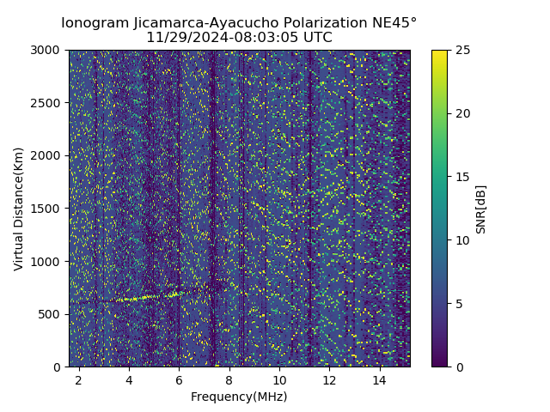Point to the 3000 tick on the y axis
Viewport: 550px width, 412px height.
click(x=48, y=50)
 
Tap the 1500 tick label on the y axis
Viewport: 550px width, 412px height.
click(x=48, y=209)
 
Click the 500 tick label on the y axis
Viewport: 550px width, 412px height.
click(x=52, y=314)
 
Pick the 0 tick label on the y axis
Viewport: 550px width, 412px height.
click(x=58, y=367)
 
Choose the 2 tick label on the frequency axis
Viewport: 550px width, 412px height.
click(x=79, y=379)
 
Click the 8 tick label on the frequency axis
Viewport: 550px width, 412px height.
click(x=229, y=379)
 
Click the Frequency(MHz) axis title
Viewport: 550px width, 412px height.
click(x=239, y=397)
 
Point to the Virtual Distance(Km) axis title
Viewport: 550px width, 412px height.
click(x=19, y=209)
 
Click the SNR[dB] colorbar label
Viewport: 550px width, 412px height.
click(x=481, y=209)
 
